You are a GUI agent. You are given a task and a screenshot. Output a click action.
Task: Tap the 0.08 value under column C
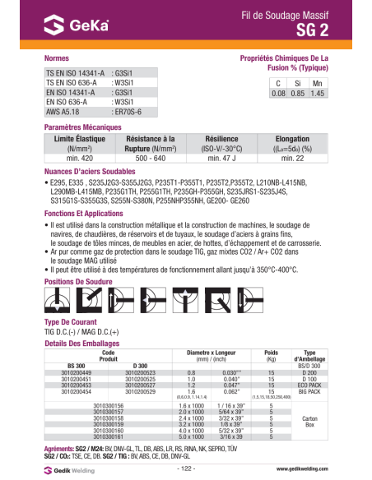278,95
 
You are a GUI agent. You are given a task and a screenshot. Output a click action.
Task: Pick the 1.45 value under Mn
318,95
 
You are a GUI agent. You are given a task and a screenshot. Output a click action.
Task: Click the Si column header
298,84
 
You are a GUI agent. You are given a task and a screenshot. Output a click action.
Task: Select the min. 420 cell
72,157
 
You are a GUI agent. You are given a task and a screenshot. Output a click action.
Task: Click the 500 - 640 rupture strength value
149,157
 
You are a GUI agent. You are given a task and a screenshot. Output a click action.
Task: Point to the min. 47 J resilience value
221,157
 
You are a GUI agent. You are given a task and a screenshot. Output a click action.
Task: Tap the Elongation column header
291,140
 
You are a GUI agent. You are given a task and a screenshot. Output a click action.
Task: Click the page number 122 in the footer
185,468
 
